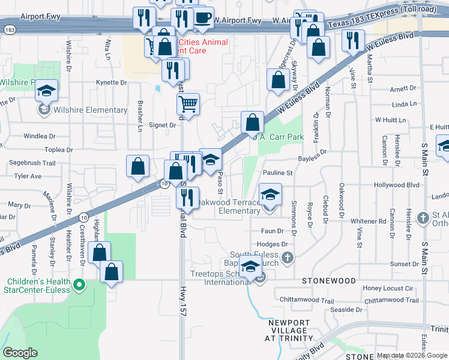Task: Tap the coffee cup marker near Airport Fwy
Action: tap(203, 17)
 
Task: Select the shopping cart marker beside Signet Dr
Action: tap(188, 103)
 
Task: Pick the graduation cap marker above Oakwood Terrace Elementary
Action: tap(270, 194)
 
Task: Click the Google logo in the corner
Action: tap(20, 353)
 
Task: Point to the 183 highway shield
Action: tap(10, 29)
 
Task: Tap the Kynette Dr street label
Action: tap(112, 83)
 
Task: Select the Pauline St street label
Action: tap(277, 173)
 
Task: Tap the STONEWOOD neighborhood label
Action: tap(329, 280)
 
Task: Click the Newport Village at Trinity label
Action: tap(289, 330)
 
